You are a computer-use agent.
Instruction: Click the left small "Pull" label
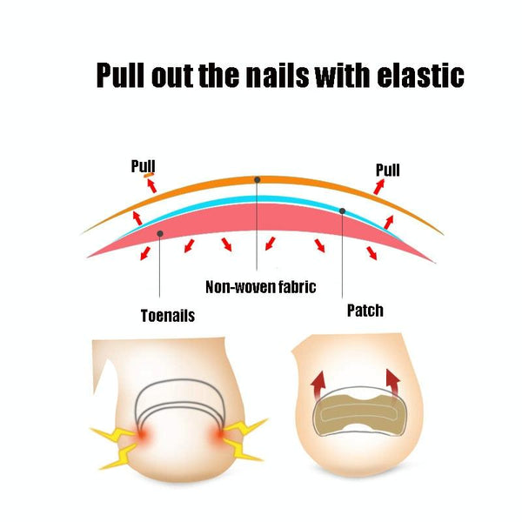143,165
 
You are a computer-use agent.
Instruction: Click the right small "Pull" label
388,169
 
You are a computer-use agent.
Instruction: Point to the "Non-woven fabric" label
260,286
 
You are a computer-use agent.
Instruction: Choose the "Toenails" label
167,316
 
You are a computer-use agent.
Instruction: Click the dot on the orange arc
258,179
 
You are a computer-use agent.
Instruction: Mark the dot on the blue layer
343,211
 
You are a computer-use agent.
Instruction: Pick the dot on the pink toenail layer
160,233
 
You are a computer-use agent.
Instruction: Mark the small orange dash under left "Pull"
150,175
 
